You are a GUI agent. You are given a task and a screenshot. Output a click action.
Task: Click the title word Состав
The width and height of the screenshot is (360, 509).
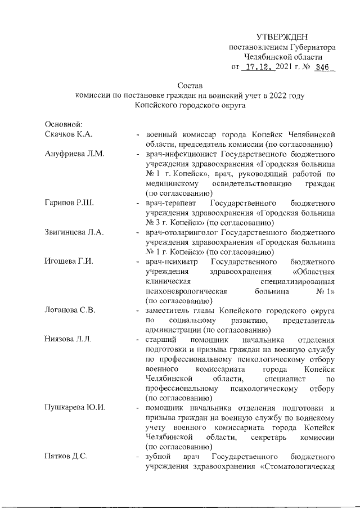point(189,85)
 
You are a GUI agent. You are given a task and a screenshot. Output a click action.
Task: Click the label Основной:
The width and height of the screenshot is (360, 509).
point(64,124)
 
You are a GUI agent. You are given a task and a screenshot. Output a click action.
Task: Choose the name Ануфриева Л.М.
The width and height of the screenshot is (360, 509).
point(71,154)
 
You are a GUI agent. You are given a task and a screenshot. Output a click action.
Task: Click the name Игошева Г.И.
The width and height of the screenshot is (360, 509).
point(68,262)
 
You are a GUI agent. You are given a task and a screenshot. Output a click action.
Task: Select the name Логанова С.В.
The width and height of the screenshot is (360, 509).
point(70,310)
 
